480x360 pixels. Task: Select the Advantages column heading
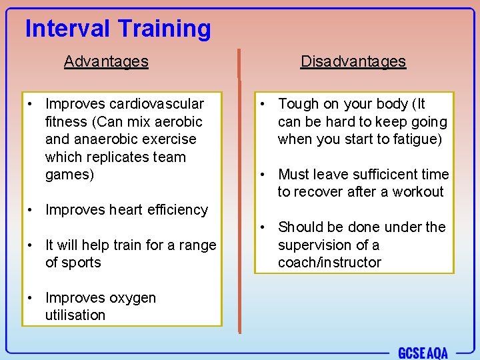(106, 61)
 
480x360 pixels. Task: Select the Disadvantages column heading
(353, 61)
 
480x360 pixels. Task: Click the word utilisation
(75, 315)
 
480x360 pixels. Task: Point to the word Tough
(299, 104)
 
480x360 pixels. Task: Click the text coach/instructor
(329, 263)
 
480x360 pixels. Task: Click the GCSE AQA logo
(423, 352)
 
